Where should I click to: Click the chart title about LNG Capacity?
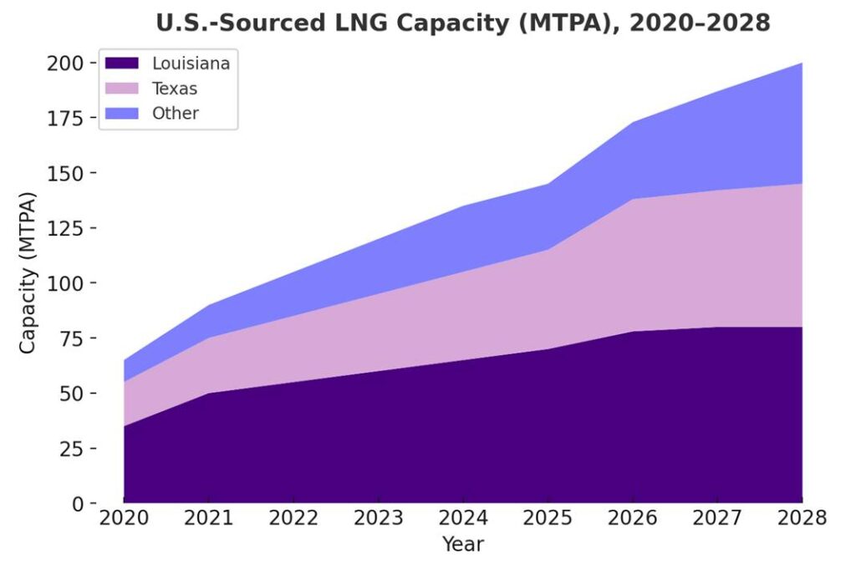tap(463, 23)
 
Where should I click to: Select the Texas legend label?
tap(175, 88)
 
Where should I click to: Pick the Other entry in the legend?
tap(175, 113)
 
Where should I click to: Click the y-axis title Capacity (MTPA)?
tap(28, 272)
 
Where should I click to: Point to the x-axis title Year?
tap(463, 545)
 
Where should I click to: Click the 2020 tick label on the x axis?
tap(124, 518)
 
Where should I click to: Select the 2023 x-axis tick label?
tap(378, 518)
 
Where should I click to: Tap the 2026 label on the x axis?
tap(633, 518)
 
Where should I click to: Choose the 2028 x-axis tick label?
tap(802, 518)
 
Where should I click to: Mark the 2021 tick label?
tap(208, 518)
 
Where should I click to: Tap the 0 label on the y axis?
tap(79, 503)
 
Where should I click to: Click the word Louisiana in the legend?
tap(191, 63)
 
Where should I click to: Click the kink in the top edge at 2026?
tap(633, 123)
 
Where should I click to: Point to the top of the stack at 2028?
tap(802, 64)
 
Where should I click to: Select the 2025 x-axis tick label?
tap(548, 518)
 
